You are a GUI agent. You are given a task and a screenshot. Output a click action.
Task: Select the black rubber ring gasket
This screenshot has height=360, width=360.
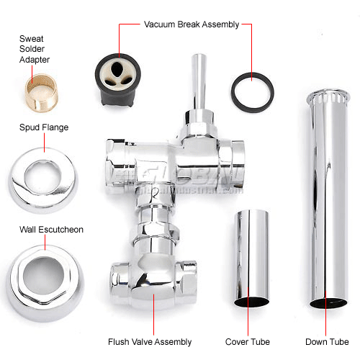(x=252, y=90)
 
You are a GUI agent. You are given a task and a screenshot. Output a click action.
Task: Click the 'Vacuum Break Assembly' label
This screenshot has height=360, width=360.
(x=191, y=24)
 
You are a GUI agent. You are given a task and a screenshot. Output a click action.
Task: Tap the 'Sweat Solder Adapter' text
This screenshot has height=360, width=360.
(x=35, y=49)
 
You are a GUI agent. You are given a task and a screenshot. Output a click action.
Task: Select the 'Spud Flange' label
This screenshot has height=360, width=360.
(x=44, y=127)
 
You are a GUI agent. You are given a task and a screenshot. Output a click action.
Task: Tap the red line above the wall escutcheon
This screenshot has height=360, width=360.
(x=45, y=244)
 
